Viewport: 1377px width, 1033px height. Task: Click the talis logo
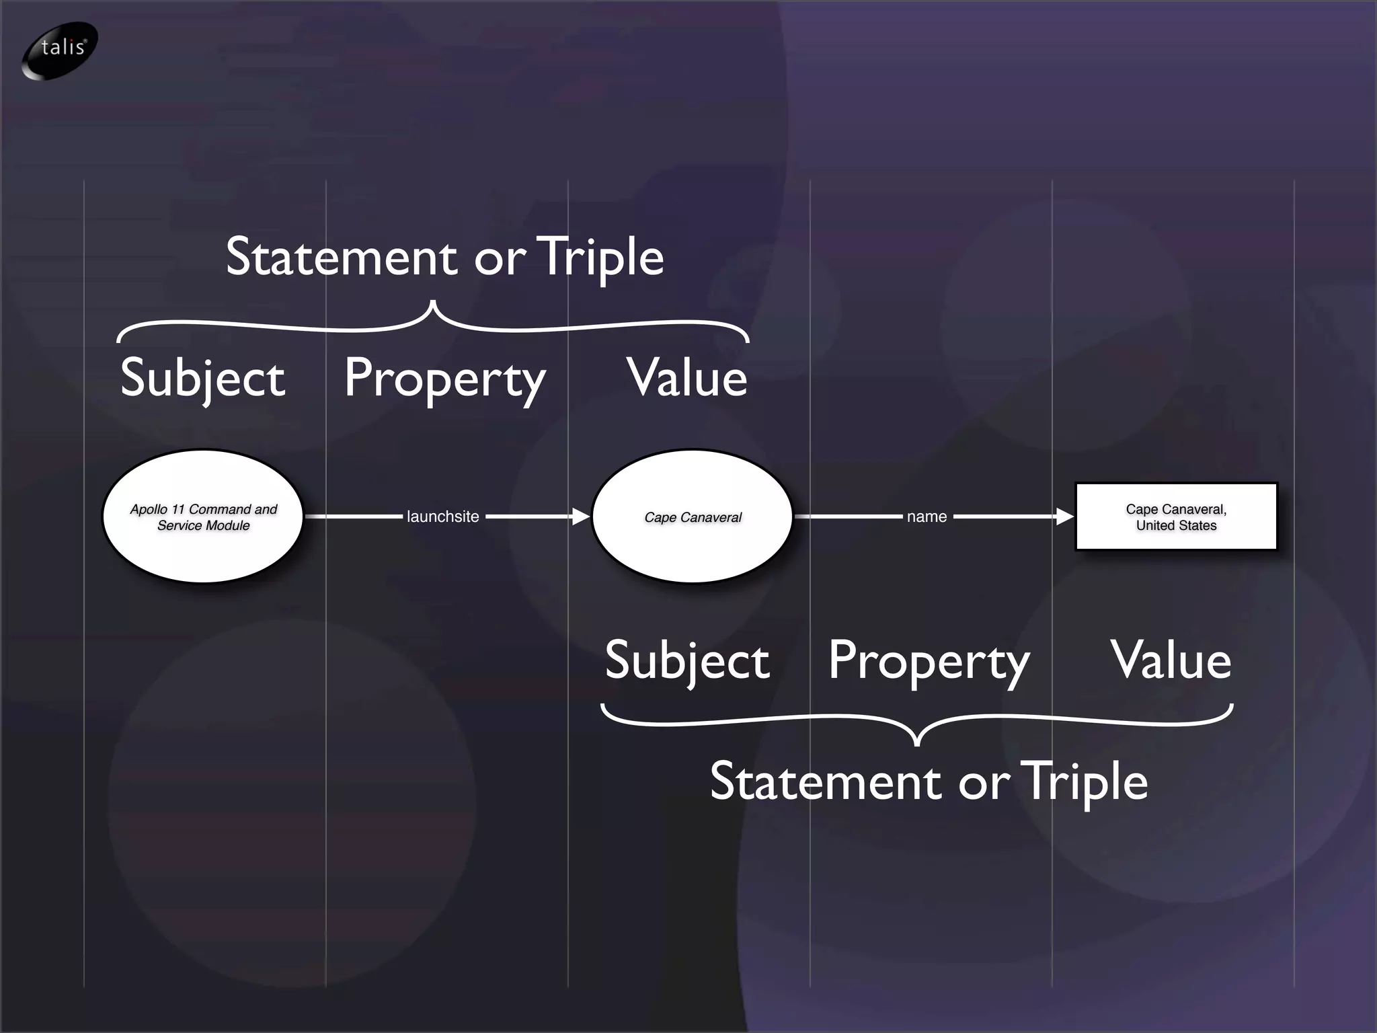[x=61, y=50]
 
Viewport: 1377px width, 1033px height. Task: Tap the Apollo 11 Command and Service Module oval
[x=203, y=516]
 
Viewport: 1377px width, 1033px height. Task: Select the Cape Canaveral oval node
[x=693, y=516]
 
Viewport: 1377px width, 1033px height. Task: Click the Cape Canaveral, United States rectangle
[x=1176, y=516]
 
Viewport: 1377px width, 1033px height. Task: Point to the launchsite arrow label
[x=443, y=516]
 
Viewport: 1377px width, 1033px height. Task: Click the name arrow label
[x=927, y=516]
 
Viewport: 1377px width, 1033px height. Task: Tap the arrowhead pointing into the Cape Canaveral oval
[x=580, y=516]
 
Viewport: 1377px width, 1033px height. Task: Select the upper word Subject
[x=202, y=378]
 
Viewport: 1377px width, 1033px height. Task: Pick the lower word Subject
[x=686, y=660]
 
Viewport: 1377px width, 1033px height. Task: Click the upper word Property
[x=444, y=379]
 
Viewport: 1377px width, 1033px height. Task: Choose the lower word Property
[x=929, y=662]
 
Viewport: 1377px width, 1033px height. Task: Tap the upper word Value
[x=687, y=378]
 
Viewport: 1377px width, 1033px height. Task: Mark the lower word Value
[x=1171, y=660]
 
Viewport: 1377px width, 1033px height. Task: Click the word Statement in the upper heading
[x=342, y=257]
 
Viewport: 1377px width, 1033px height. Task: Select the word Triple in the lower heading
[x=1084, y=783]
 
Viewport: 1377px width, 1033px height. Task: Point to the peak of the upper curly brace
[x=433, y=304]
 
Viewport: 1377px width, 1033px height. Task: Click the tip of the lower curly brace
[x=917, y=744]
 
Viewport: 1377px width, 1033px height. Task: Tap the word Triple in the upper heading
[x=600, y=258]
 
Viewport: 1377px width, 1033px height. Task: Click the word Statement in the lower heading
[x=826, y=781]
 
